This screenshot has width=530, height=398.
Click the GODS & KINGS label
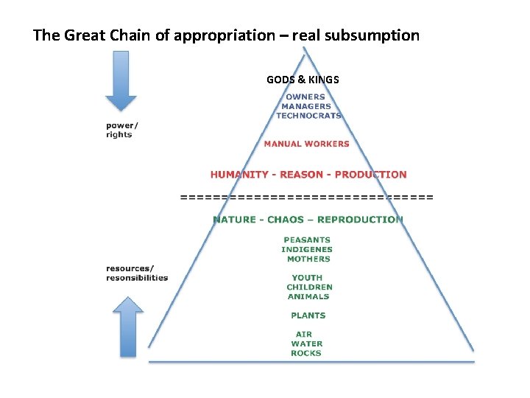303,79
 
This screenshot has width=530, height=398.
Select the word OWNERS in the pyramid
305,97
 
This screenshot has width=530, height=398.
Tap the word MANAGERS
306,106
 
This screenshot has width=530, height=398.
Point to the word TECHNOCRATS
308,116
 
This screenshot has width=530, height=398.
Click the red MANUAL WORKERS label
306,144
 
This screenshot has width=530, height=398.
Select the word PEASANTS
307,240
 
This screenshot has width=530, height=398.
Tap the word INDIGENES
307,249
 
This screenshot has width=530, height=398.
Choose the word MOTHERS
309,259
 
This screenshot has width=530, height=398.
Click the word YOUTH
307,278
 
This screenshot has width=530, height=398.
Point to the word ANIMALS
308,296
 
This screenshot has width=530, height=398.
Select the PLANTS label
308,315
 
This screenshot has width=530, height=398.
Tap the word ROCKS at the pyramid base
306,353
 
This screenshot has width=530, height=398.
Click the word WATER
307,343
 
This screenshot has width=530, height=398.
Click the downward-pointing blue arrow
121,80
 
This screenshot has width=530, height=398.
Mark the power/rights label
121,130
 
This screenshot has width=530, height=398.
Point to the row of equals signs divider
307,197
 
